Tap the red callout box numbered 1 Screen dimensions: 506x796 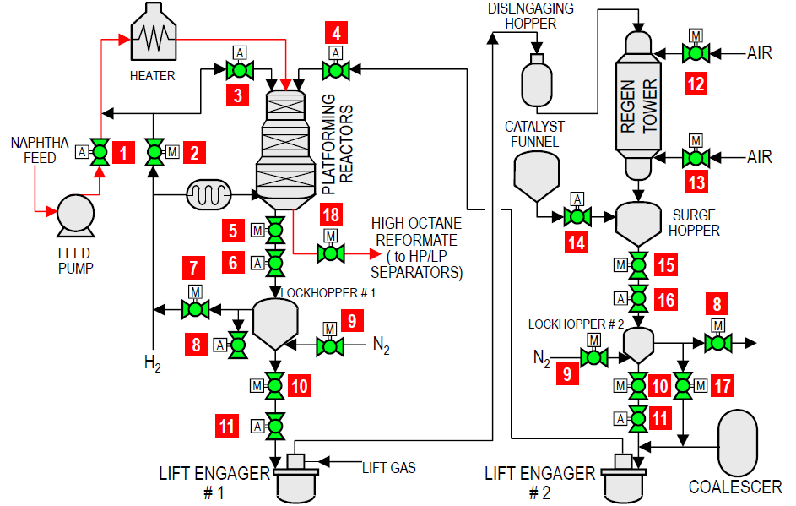125,153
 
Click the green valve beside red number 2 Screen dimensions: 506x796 154,152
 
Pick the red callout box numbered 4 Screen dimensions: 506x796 337,35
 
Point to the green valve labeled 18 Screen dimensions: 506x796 331,252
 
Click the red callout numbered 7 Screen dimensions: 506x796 194,269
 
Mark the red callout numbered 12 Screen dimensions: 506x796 695,84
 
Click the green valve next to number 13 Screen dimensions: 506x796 696,157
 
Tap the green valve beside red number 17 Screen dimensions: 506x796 684,385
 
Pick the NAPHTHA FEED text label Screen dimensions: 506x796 34,150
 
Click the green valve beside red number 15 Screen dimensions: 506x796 639,264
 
